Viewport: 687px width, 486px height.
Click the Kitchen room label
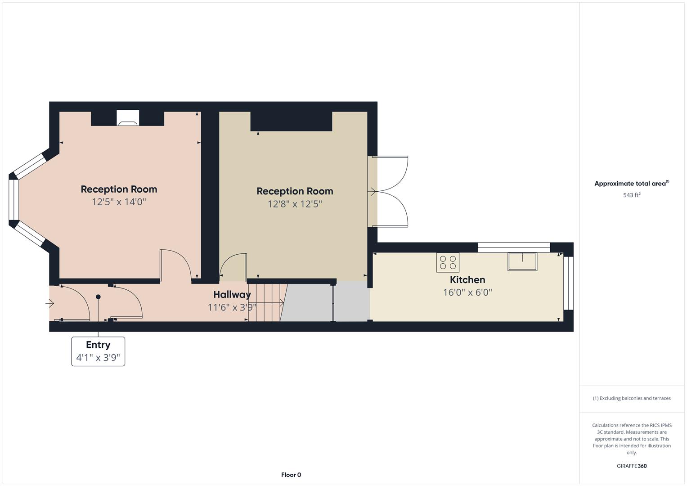pos(467,280)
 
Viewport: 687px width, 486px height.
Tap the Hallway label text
pos(232,295)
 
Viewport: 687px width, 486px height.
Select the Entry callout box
pos(98,351)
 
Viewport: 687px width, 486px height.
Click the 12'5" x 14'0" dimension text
pos(119,202)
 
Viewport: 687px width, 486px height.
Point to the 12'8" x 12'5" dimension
pos(295,204)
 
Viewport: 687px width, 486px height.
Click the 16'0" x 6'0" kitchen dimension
pos(467,292)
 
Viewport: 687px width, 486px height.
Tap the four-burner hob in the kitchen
pos(448,263)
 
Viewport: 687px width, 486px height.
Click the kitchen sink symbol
pos(522,262)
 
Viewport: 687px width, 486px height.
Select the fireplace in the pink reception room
pos(128,118)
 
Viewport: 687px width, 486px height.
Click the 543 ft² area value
pos(632,195)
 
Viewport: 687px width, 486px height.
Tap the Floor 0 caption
pos(291,475)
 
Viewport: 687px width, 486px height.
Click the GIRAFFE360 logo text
pos(632,466)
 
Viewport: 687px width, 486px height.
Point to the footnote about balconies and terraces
pos(632,398)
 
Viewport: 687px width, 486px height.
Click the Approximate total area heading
pos(632,184)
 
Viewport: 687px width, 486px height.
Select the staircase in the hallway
pos(267,302)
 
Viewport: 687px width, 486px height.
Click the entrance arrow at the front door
pos(49,303)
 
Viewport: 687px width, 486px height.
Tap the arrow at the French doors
pos(373,192)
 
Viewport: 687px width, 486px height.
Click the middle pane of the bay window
pos(14,200)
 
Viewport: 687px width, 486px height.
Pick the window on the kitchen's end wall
pos(568,283)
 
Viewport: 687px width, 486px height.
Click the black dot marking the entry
pos(98,297)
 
